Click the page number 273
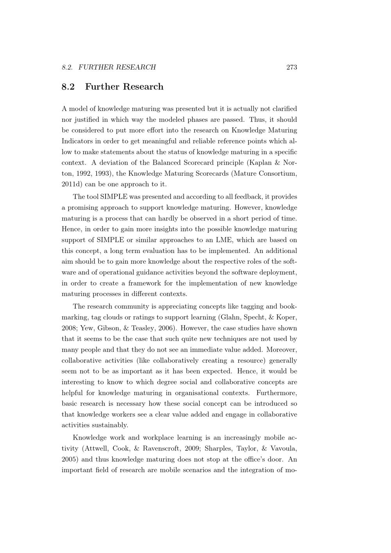[x=292, y=67]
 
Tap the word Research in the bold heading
[x=143, y=87]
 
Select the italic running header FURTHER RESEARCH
[x=117, y=67]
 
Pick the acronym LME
[x=224, y=240]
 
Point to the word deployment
[x=276, y=272]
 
